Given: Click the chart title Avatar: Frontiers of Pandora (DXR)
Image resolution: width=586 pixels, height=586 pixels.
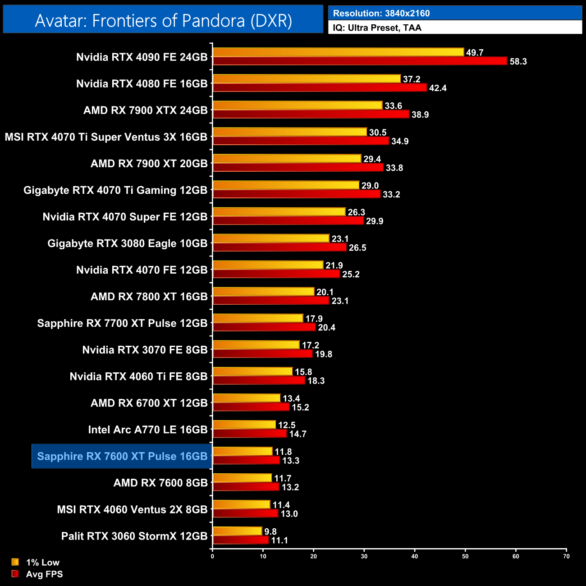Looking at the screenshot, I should tap(163, 21).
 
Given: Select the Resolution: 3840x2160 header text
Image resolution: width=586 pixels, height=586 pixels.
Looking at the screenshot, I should tap(381, 14).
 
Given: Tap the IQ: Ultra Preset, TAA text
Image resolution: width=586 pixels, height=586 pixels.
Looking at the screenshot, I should tap(377, 28).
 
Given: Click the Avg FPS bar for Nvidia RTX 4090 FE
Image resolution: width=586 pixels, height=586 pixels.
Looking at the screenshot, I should tap(360, 61).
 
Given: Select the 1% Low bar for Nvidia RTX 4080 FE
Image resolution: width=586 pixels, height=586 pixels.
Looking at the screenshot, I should tap(307, 79).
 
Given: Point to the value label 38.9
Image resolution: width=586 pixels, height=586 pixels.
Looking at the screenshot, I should tap(420, 114).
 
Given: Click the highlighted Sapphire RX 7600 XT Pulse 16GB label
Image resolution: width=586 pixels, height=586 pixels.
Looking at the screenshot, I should tap(122, 456).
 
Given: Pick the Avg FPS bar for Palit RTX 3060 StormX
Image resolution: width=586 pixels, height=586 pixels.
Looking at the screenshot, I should tap(241, 540).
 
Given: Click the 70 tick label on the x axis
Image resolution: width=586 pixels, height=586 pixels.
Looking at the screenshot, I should tap(566, 556).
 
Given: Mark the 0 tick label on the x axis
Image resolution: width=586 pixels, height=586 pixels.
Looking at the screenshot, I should tap(212, 556).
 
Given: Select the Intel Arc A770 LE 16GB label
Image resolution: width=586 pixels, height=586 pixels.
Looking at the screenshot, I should tap(148, 430).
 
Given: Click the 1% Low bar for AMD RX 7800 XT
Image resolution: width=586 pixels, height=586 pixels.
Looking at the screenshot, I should tap(263, 292).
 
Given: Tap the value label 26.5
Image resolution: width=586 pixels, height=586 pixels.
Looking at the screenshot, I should tap(357, 247).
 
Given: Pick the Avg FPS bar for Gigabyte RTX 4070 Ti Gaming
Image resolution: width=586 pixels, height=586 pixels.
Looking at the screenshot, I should tap(297, 194).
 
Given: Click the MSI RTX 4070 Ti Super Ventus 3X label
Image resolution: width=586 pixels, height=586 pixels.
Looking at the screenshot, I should tap(106, 137).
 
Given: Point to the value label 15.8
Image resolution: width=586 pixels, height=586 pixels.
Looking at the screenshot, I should tap(303, 372).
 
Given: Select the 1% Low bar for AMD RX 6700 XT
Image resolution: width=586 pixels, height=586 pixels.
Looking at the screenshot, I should tap(247, 398).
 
